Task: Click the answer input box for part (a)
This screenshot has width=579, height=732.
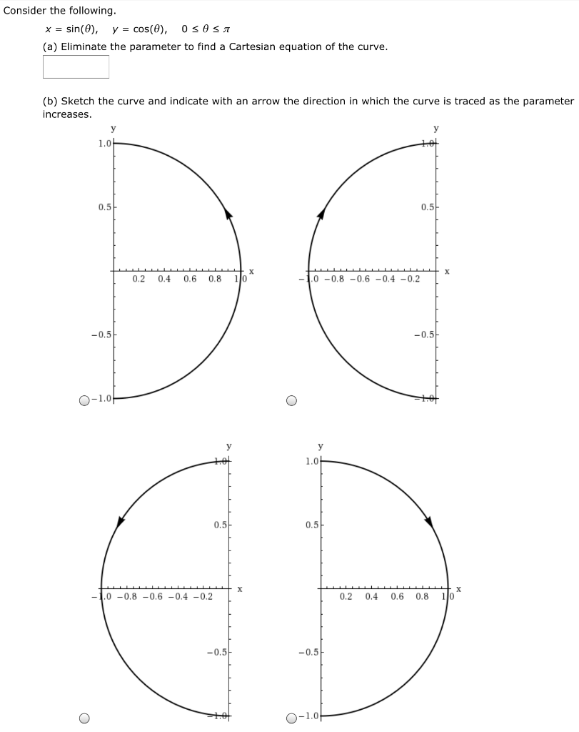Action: (x=76, y=66)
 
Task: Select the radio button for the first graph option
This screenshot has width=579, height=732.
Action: (x=86, y=400)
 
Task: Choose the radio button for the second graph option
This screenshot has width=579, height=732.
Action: (x=291, y=400)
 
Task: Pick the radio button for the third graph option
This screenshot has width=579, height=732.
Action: (x=85, y=718)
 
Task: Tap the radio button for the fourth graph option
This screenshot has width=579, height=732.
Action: (x=291, y=718)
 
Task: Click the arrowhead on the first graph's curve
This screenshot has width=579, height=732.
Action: (x=229, y=214)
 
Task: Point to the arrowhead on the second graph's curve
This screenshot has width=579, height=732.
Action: (x=321, y=214)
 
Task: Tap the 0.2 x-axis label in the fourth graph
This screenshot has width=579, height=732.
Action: (x=346, y=596)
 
